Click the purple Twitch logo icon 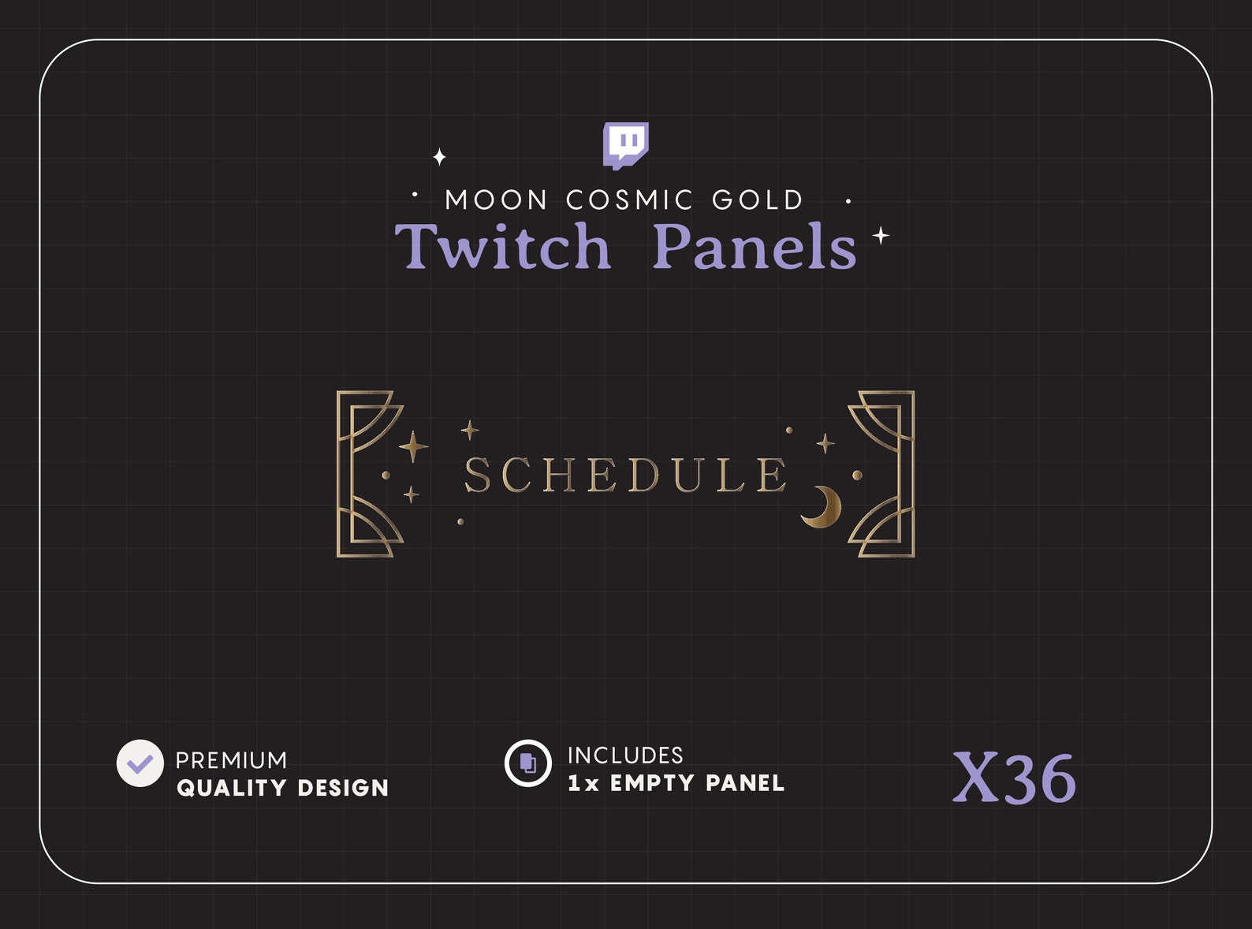[x=626, y=145]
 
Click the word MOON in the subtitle [x=496, y=200]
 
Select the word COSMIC [x=629, y=200]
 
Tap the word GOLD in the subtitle [x=758, y=200]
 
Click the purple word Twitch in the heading [x=503, y=247]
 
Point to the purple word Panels [x=755, y=247]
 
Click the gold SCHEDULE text [x=625, y=475]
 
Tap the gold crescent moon [x=822, y=506]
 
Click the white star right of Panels [x=881, y=235]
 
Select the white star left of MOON [x=440, y=157]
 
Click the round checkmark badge [x=140, y=763]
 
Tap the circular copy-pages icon [x=527, y=763]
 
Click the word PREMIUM [x=231, y=760]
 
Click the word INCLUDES [x=625, y=756]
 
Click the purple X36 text [x=1014, y=778]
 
